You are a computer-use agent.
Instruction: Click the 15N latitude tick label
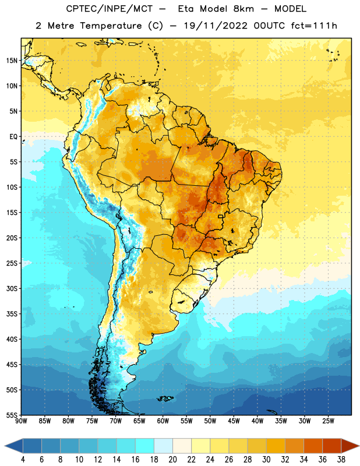(x=12, y=61)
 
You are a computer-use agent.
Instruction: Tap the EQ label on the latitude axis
(x=13, y=137)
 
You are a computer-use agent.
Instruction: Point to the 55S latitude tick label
(x=12, y=415)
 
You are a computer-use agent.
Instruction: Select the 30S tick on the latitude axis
(x=12, y=288)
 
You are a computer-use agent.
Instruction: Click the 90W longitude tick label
(x=21, y=421)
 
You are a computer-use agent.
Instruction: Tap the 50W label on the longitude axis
(x=210, y=421)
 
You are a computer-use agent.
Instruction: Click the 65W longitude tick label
(x=139, y=421)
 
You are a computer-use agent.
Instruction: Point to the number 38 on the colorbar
(x=341, y=460)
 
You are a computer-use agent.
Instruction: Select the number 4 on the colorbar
(x=23, y=460)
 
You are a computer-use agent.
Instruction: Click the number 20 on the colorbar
(x=172, y=460)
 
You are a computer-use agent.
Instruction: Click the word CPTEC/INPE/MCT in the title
(x=110, y=9)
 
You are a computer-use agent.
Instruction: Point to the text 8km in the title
(x=243, y=9)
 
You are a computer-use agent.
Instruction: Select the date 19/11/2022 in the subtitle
(x=216, y=26)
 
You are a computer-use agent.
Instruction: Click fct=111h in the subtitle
(x=314, y=26)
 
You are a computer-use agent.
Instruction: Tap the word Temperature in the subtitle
(x=111, y=26)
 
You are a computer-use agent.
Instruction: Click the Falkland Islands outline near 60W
(x=165, y=398)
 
